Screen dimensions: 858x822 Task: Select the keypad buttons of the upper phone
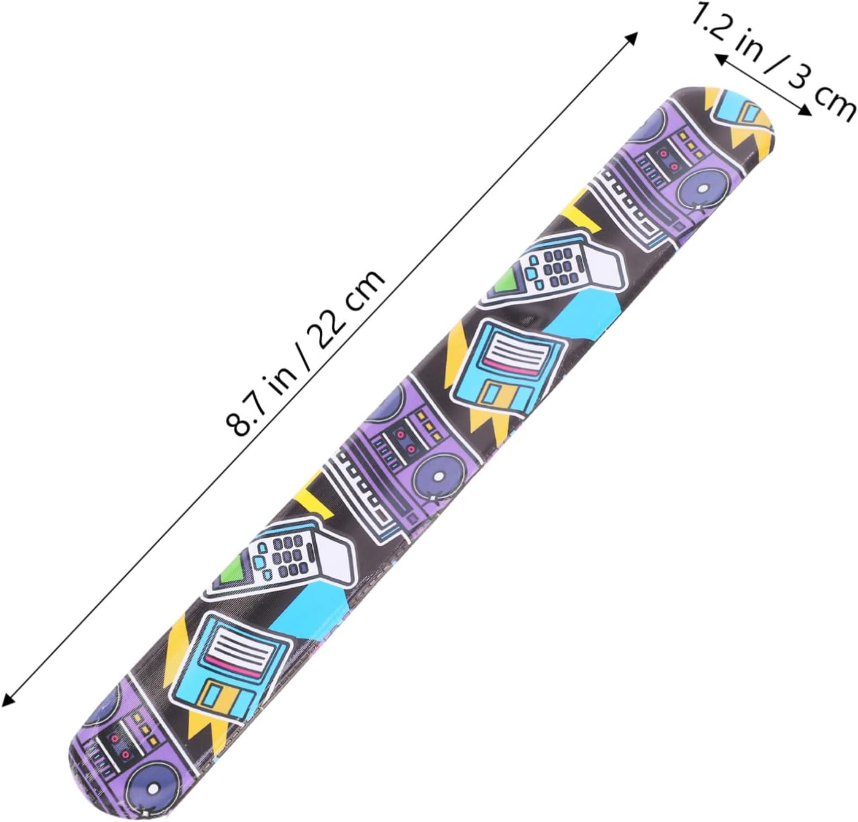pyautogui.click(x=554, y=265)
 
